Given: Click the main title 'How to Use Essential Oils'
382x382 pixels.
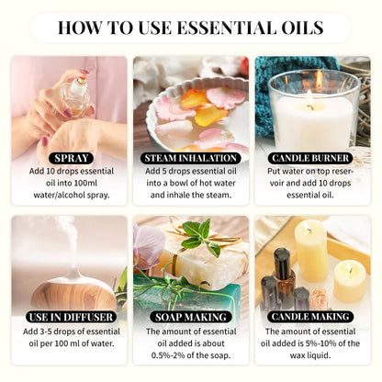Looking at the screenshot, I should [190, 27].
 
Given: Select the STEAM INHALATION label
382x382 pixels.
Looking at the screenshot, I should [190, 157].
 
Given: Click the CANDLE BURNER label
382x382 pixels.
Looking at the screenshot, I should [312, 157].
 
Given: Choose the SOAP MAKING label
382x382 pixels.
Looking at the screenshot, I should [190, 316].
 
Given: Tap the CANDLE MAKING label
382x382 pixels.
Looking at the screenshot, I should [312, 316].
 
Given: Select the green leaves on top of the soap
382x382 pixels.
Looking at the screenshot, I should [197, 235].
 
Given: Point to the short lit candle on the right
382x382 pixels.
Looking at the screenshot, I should [349, 281].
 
